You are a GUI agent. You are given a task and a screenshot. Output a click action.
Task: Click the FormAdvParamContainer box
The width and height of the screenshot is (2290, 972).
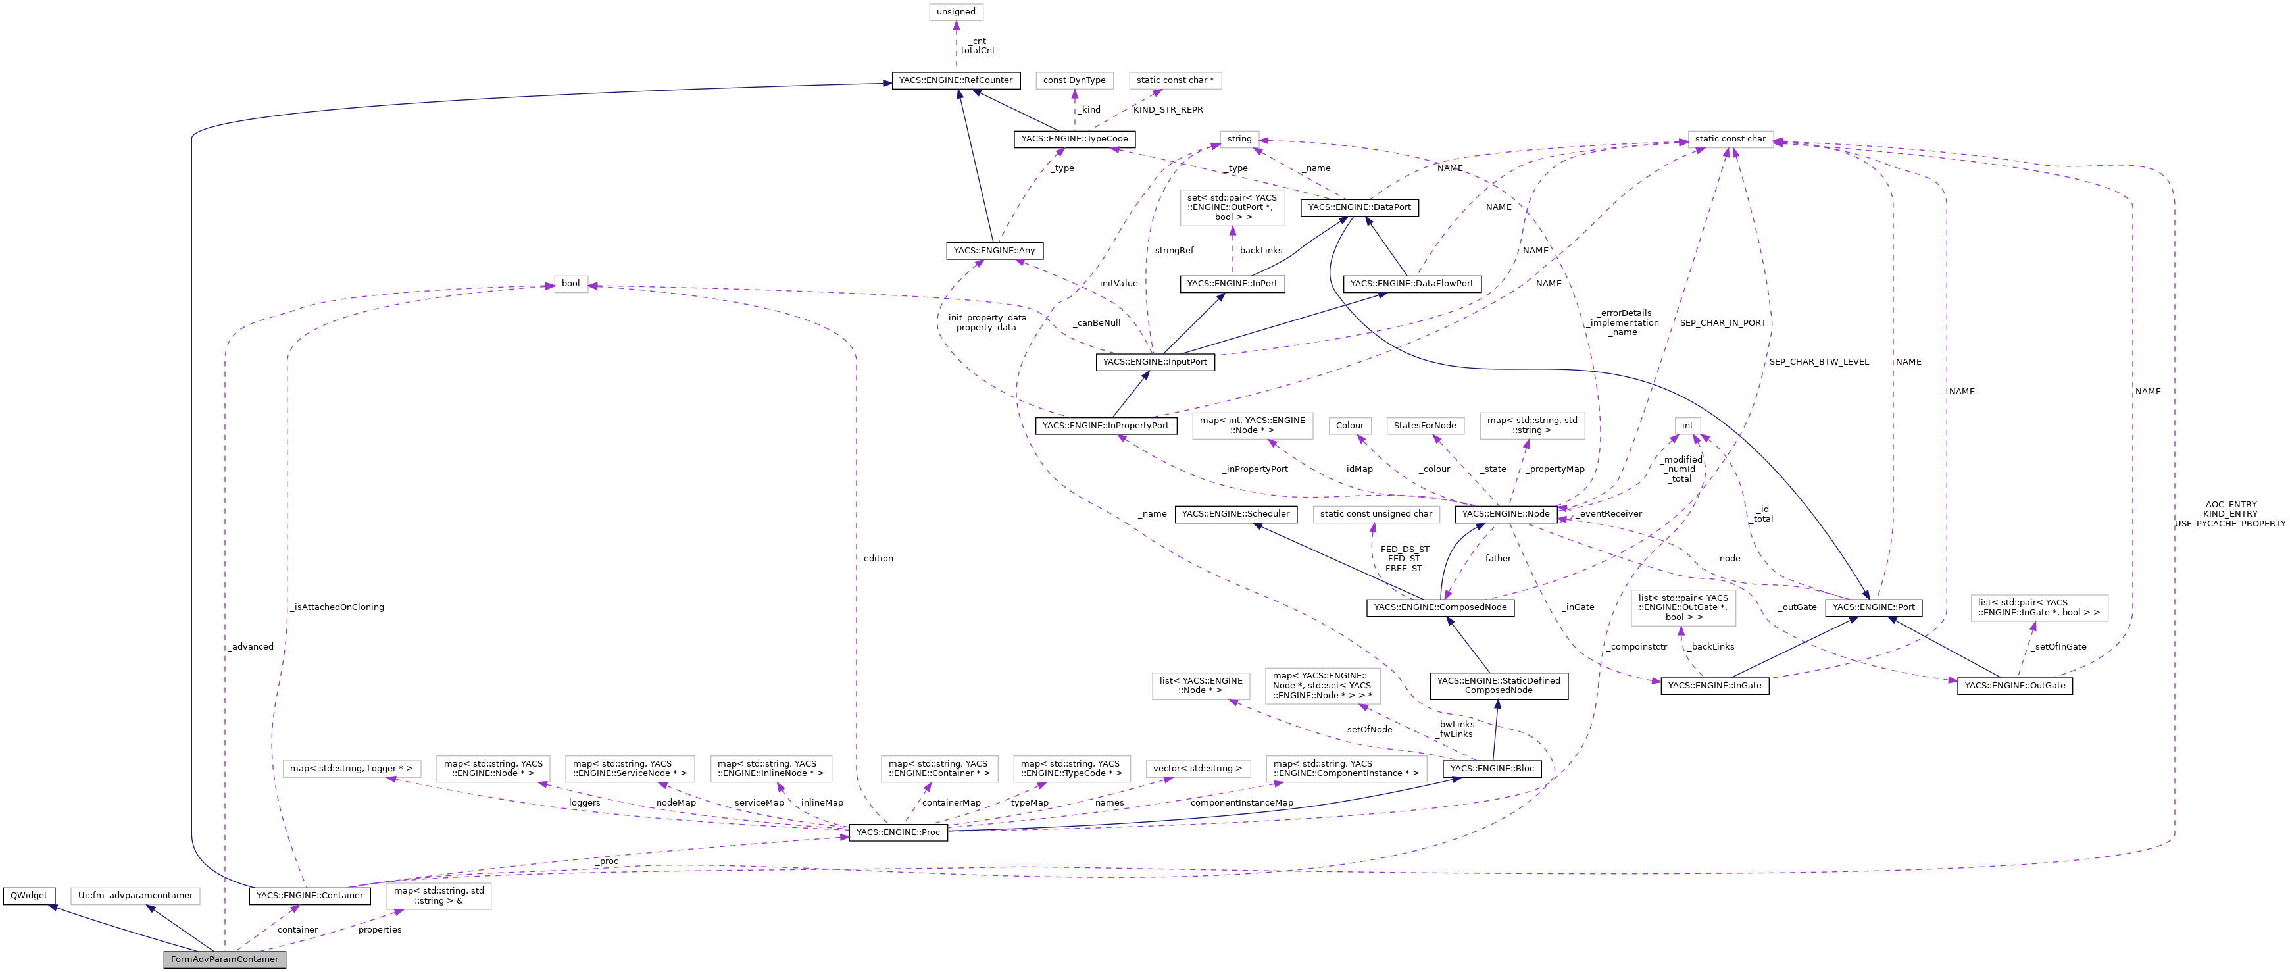point(224,959)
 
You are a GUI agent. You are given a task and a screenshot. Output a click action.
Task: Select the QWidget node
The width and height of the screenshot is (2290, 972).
point(30,896)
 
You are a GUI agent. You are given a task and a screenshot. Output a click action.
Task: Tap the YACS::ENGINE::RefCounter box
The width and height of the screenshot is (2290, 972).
point(956,80)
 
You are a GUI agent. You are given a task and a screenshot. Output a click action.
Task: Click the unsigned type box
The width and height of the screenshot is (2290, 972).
point(956,12)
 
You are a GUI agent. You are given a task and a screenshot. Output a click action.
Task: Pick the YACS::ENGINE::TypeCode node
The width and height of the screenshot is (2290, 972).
point(1074,139)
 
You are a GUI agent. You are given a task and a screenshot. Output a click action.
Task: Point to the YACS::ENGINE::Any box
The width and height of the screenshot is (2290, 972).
point(994,251)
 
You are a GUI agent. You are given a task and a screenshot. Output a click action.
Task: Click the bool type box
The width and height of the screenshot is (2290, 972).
point(571,284)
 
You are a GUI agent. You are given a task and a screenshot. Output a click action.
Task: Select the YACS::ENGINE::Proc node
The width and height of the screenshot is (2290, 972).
point(898,832)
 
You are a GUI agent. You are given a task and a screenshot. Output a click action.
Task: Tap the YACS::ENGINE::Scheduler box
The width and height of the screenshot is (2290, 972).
point(1235,514)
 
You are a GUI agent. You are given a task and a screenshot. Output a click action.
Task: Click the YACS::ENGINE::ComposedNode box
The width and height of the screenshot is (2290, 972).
point(1440,607)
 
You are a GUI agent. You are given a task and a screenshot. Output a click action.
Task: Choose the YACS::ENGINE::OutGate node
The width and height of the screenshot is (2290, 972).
point(2014,686)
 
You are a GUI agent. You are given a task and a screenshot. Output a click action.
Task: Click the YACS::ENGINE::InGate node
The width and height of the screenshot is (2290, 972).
point(1714,686)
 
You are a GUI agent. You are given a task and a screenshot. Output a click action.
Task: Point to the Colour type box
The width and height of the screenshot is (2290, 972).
point(1349,426)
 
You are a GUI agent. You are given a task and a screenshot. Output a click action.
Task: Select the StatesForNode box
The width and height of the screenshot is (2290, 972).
point(1425,426)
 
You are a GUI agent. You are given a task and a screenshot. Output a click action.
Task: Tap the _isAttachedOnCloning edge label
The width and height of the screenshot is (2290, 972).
point(337,607)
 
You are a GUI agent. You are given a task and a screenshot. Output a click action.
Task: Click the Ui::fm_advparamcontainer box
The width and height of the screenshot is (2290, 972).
point(135,896)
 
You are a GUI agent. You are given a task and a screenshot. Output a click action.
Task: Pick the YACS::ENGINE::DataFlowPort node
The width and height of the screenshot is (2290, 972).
point(1412,284)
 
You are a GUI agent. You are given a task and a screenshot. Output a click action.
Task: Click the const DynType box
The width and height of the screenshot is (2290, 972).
point(1074,80)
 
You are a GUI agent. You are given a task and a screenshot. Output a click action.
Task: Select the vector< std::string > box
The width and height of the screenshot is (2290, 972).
point(1197,769)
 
